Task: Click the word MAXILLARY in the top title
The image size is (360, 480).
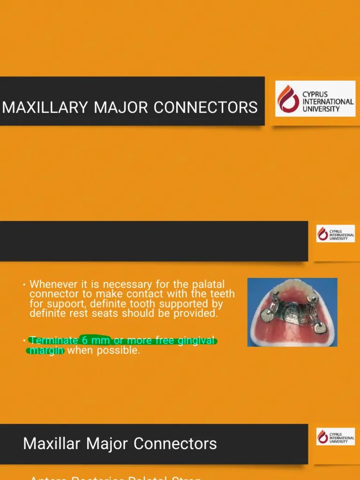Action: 45,107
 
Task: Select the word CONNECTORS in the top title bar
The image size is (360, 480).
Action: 205,107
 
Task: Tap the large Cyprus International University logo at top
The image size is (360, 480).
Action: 315,98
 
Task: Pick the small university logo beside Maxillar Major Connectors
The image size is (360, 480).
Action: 335,436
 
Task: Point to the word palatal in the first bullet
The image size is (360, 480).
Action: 208,285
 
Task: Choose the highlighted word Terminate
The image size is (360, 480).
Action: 54,341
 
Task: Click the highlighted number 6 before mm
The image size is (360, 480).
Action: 85,341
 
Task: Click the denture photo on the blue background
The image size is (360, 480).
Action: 292,312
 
